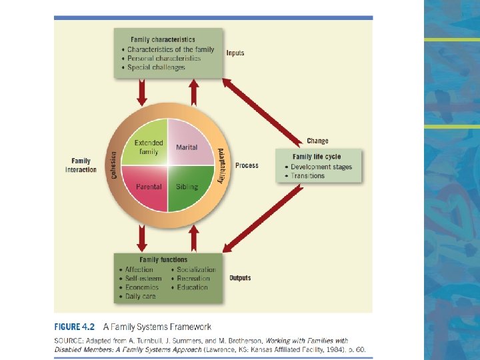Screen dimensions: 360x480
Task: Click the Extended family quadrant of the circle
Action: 149,147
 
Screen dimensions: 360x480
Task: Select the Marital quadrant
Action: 187,147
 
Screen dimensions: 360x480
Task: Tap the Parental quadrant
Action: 149,187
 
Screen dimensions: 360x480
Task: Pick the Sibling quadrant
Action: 187,187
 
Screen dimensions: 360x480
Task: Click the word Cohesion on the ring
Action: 113,165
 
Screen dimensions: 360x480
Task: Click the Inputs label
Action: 235,53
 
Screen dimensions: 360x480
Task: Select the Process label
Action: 247,165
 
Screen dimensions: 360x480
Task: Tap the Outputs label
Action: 240,277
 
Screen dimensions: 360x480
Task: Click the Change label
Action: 317,141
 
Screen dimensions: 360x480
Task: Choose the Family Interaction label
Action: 81,165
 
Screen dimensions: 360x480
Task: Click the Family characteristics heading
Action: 163,40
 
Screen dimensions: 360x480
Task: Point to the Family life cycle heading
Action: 317,157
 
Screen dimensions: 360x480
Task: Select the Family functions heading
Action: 163,259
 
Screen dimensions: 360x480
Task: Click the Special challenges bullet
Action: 156,67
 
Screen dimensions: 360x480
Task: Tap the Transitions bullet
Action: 307,176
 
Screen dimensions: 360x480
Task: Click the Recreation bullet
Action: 193,279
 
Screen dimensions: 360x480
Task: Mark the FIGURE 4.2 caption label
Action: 74,327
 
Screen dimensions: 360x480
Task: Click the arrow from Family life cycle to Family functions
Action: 263,218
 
